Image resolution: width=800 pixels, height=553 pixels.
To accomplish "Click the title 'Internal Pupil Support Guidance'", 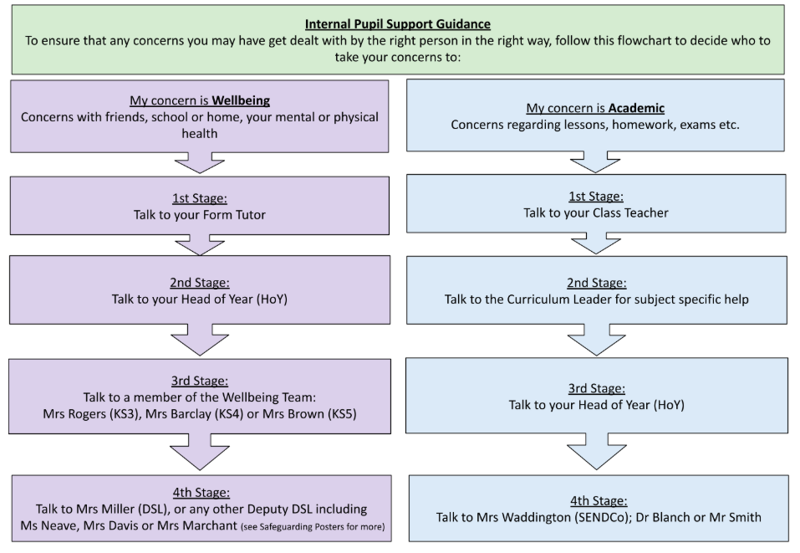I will point(397,23).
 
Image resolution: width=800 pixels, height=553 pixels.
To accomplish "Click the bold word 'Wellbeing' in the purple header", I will point(240,100).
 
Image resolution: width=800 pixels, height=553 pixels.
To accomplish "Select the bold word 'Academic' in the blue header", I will point(636,108).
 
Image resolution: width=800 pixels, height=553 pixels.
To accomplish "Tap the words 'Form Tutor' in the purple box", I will point(237,214).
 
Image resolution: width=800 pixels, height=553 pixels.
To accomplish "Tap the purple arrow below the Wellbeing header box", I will point(200,162).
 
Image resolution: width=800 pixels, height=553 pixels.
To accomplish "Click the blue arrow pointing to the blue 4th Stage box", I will point(596,453).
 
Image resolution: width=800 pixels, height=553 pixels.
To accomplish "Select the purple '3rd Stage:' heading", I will point(200,381).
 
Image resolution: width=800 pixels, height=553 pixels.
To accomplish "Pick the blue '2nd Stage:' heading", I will point(597,283).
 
